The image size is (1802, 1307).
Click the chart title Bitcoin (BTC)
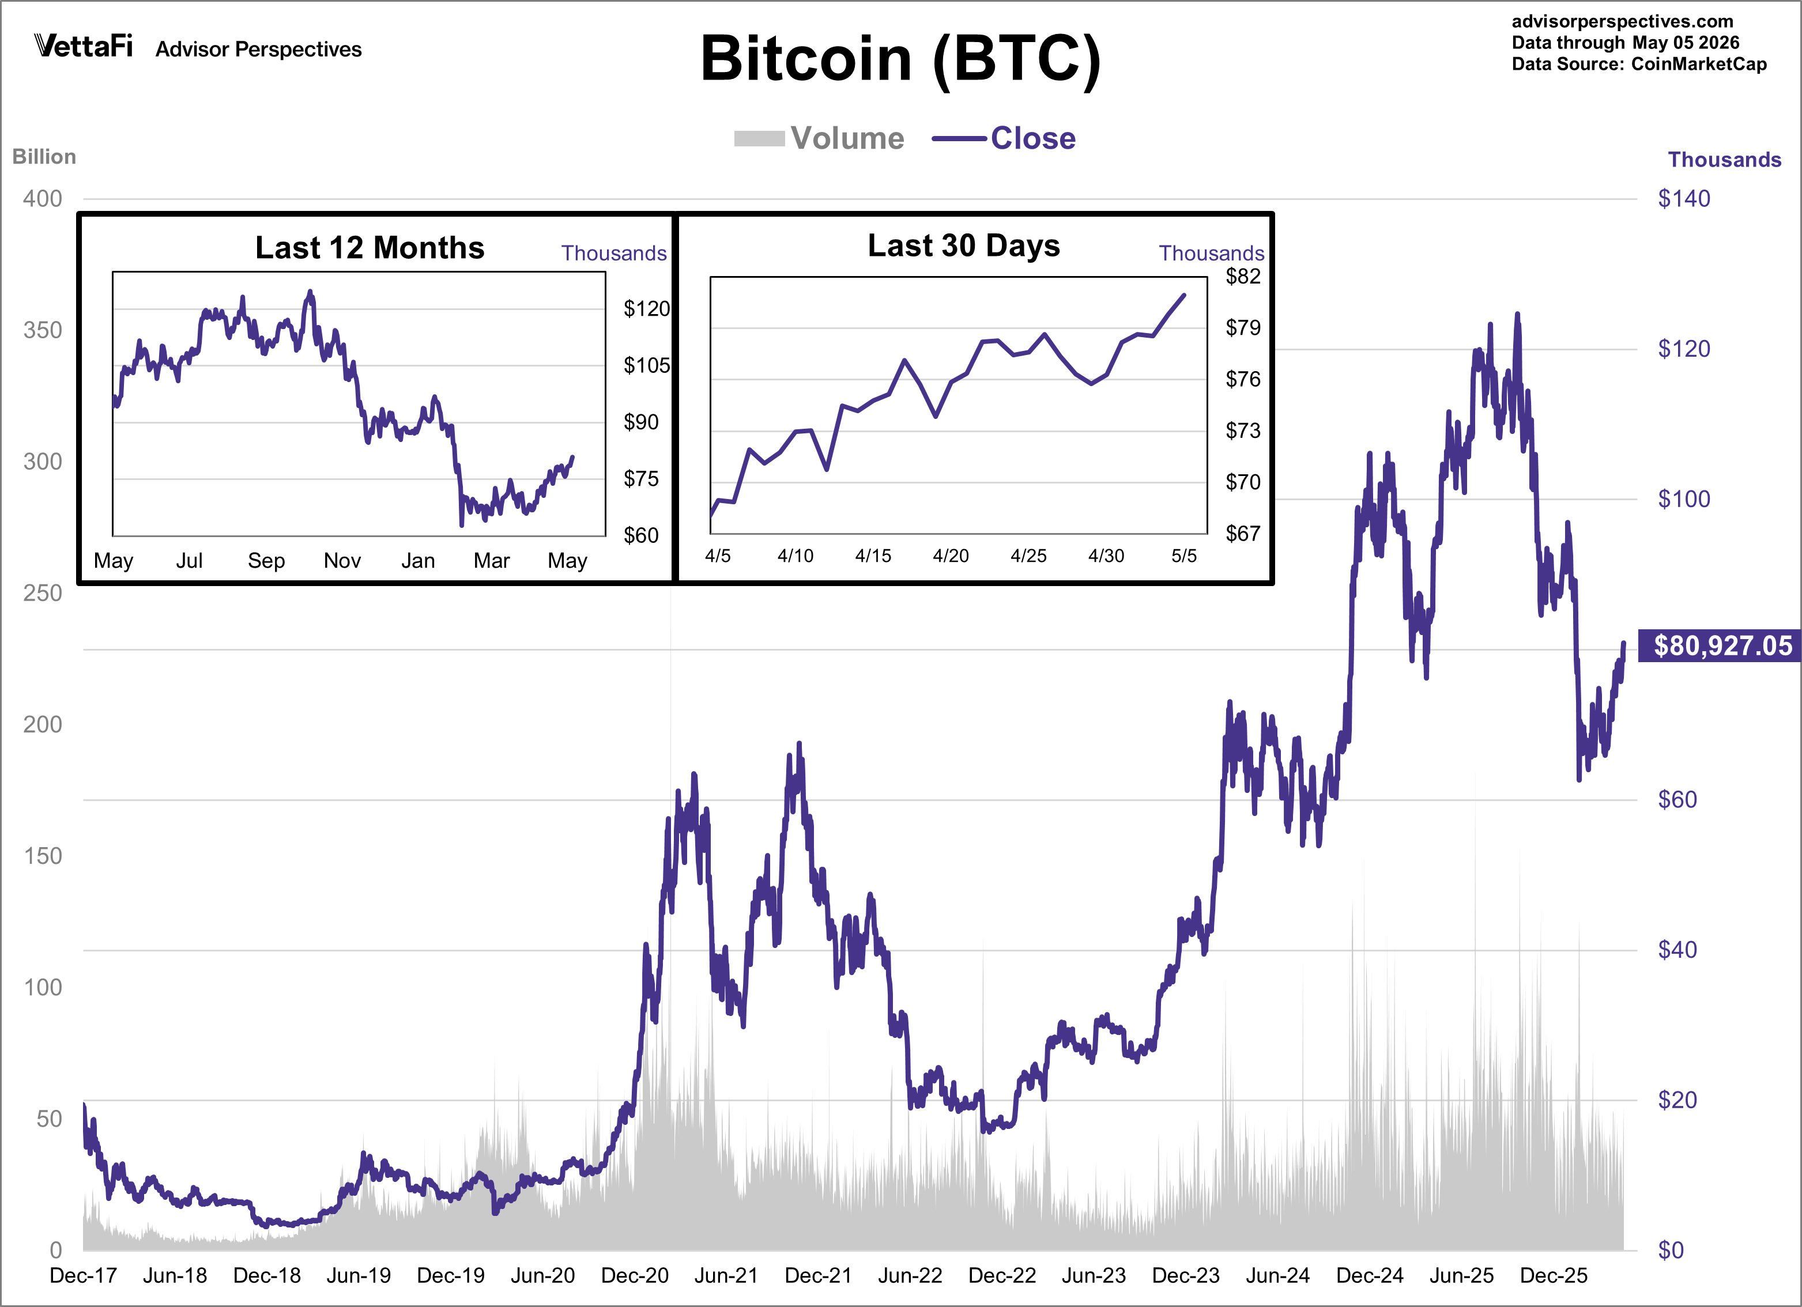point(900,59)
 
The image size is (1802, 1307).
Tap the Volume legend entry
point(819,138)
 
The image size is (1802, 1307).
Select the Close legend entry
point(1004,138)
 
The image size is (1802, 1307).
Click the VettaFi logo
point(84,46)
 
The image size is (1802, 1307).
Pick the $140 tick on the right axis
point(1684,199)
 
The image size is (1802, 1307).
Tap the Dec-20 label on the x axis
point(635,1275)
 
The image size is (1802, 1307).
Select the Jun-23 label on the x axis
point(1094,1275)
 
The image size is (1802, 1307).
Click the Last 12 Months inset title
point(370,248)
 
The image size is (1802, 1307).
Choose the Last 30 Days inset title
point(964,245)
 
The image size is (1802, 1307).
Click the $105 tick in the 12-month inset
point(647,365)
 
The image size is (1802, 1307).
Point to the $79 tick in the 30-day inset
point(1243,327)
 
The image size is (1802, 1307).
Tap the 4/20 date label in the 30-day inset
point(951,556)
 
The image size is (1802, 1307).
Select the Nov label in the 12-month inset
point(342,561)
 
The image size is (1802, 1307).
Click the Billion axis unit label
point(44,157)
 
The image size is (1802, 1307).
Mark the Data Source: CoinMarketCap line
point(1639,65)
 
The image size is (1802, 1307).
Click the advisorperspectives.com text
point(1623,21)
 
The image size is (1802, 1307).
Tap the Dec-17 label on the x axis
point(84,1275)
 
